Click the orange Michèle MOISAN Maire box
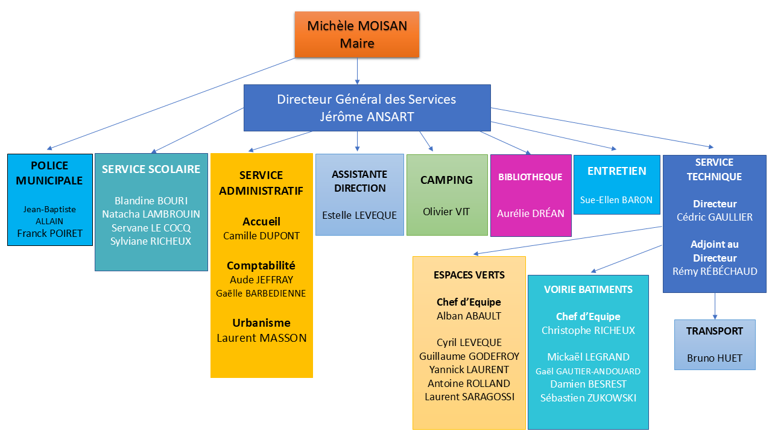[x=357, y=34]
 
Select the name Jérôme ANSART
[x=367, y=117]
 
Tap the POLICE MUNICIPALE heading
[x=49, y=173]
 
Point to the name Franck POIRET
[x=49, y=233]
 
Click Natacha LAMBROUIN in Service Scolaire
[x=151, y=214]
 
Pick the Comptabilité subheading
[x=261, y=265]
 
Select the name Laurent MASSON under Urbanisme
[x=262, y=338]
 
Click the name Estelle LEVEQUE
[x=359, y=215]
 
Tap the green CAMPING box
[x=447, y=194]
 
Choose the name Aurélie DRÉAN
[x=531, y=213]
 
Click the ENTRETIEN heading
[x=616, y=171]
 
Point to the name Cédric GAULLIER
[x=715, y=217]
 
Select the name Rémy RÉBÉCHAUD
[x=715, y=272]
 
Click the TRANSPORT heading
[x=715, y=331]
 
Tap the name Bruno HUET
[x=715, y=358]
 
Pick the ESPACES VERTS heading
[x=469, y=275]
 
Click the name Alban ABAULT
[x=469, y=316]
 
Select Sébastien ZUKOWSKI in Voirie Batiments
[x=588, y=398]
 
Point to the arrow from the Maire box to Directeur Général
[x=357, y=71]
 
